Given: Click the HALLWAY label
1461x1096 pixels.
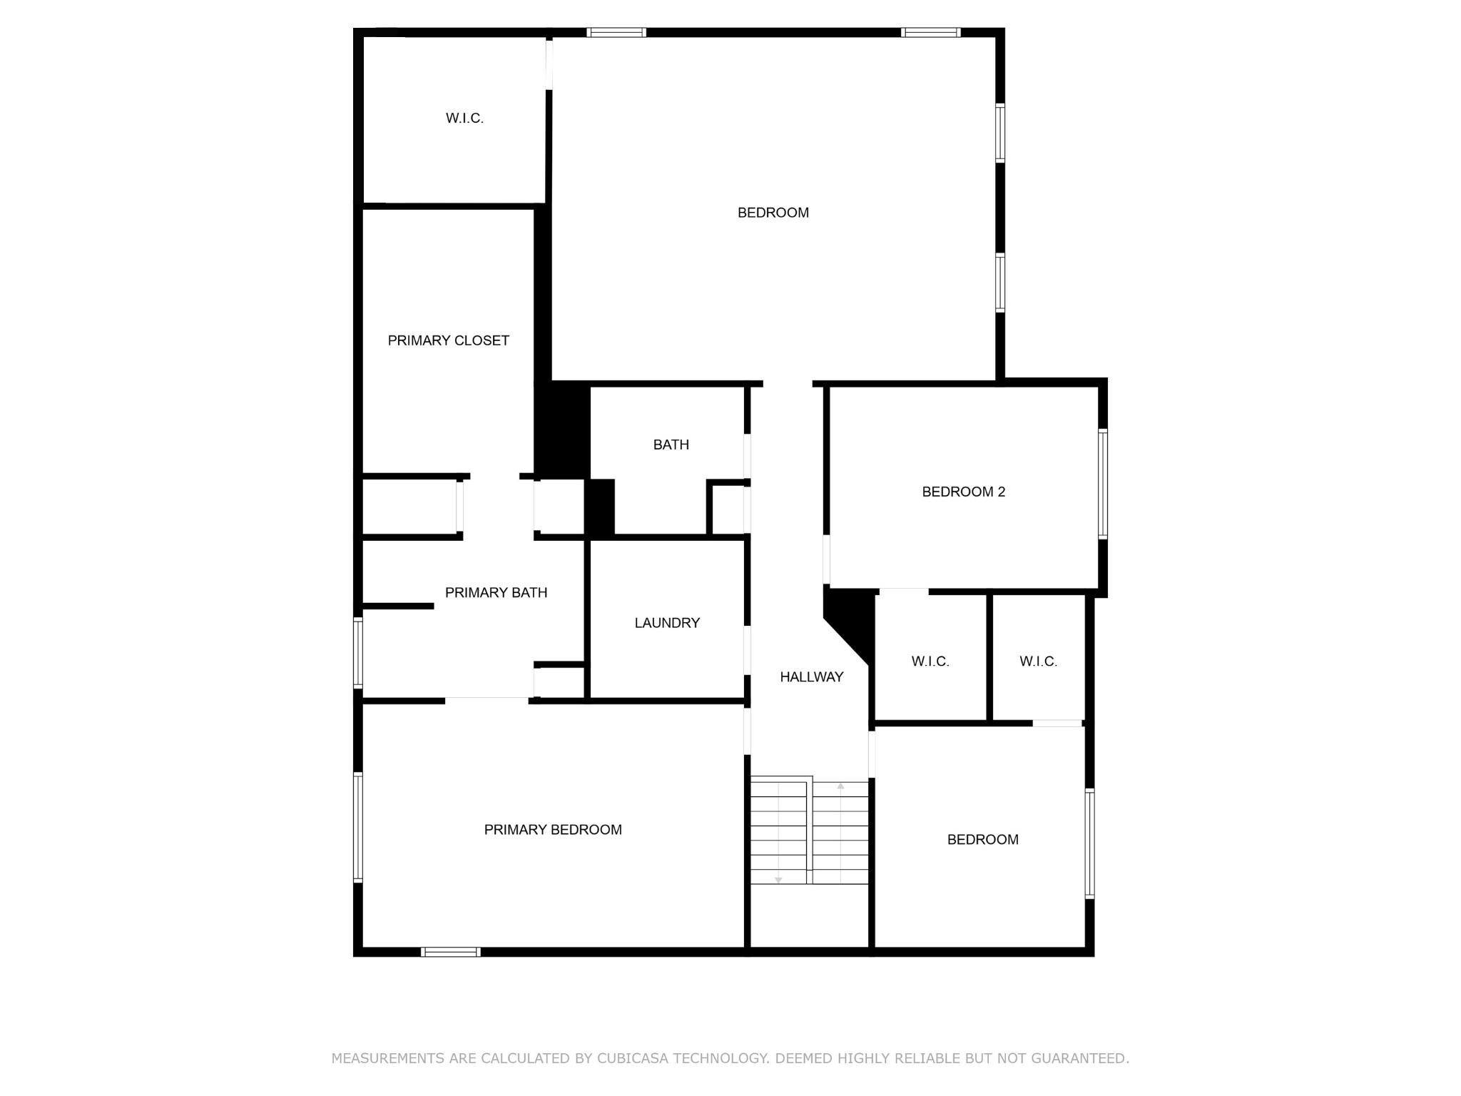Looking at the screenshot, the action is pos(811,677).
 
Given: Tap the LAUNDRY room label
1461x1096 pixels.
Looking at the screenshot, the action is pos(667,623).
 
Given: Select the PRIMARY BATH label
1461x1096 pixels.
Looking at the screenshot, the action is pos(496,592).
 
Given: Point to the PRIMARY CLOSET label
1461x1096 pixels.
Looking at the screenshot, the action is pos(448,340).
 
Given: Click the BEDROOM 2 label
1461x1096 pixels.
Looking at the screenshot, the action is pos(963,492).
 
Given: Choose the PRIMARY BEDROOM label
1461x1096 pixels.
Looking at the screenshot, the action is pos(553,829).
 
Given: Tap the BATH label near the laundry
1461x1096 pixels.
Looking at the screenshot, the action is pos(671,445).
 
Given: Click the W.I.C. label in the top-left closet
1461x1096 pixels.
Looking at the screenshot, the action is pos(464,118).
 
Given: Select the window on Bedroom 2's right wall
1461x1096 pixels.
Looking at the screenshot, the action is pos(1102,484).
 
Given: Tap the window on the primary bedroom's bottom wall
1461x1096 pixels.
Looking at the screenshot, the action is pos(450,952).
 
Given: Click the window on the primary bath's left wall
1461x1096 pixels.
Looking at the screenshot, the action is pos(358,653).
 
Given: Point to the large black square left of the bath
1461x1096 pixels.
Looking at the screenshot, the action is pos(563,430).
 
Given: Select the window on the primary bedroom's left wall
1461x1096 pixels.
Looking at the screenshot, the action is pos(358,828).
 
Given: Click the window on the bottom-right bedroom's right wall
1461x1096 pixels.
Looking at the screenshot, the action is pos(1089,843).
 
